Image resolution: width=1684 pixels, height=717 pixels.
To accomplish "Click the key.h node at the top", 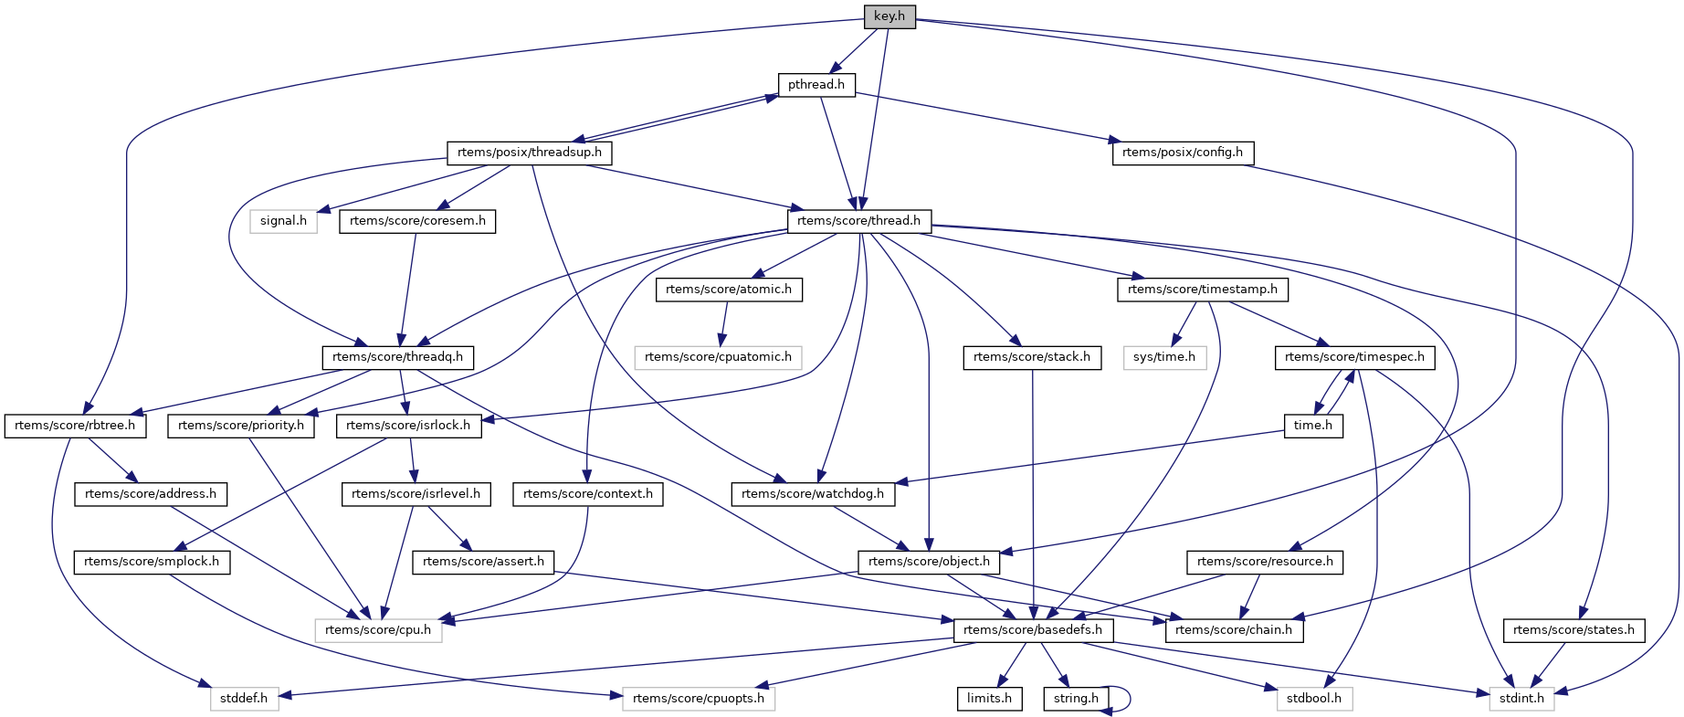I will (889, 16).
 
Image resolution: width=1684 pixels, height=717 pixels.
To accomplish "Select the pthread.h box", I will (816, 85).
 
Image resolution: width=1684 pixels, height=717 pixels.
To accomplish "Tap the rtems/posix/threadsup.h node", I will (530, 153).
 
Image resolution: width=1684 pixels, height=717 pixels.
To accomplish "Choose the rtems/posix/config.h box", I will (1183, 153).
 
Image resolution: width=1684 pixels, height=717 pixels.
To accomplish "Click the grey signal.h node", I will (283, 221).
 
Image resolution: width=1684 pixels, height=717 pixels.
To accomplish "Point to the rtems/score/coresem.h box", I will (417, 221).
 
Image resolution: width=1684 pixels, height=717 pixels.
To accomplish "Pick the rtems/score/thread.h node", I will (858, 221).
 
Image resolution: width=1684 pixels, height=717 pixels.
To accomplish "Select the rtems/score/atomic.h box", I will (729, 290).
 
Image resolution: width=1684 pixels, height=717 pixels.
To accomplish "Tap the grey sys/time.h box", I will (1164, 357).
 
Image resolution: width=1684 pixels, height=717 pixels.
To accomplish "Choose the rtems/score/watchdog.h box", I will (813, 494).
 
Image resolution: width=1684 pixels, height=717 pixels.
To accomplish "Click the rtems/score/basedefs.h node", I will (1033, 630).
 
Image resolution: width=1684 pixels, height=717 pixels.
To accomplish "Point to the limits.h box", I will (989, 699).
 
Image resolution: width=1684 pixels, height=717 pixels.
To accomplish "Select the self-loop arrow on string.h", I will (1129, 699).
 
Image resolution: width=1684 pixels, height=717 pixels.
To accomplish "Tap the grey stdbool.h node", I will (1314, 699).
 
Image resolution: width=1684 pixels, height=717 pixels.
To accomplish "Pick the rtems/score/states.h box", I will (1573, 630).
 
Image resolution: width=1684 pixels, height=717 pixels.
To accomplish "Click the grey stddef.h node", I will (244, 699).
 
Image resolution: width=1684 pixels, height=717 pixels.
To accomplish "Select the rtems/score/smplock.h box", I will (152, 562).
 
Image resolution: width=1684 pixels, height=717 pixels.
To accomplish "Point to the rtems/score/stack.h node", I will (1032, 357).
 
